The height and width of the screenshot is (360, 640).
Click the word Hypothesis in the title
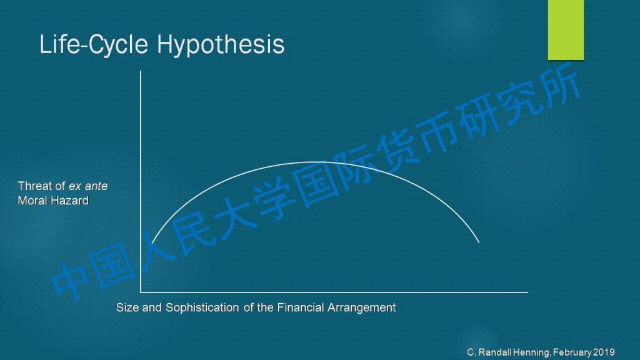pos(221,45)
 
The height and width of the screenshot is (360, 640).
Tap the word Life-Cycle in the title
pos(94,44)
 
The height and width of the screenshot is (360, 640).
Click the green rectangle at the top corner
pos(566,30)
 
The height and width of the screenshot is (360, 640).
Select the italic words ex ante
pos(88,186)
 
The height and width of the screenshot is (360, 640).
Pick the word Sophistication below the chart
pos(202,307)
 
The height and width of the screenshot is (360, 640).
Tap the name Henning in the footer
pos(531,352)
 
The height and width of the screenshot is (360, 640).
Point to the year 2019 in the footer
pos(604,352)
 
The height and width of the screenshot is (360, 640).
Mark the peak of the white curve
pos(315,162)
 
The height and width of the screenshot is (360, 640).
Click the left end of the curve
pos(152,243)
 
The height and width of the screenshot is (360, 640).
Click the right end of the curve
pos(479,243)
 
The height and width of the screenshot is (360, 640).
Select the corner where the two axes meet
pos(141,292)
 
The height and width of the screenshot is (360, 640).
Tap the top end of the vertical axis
pos(141,71)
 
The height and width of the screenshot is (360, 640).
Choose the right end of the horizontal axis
pos(527,292)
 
